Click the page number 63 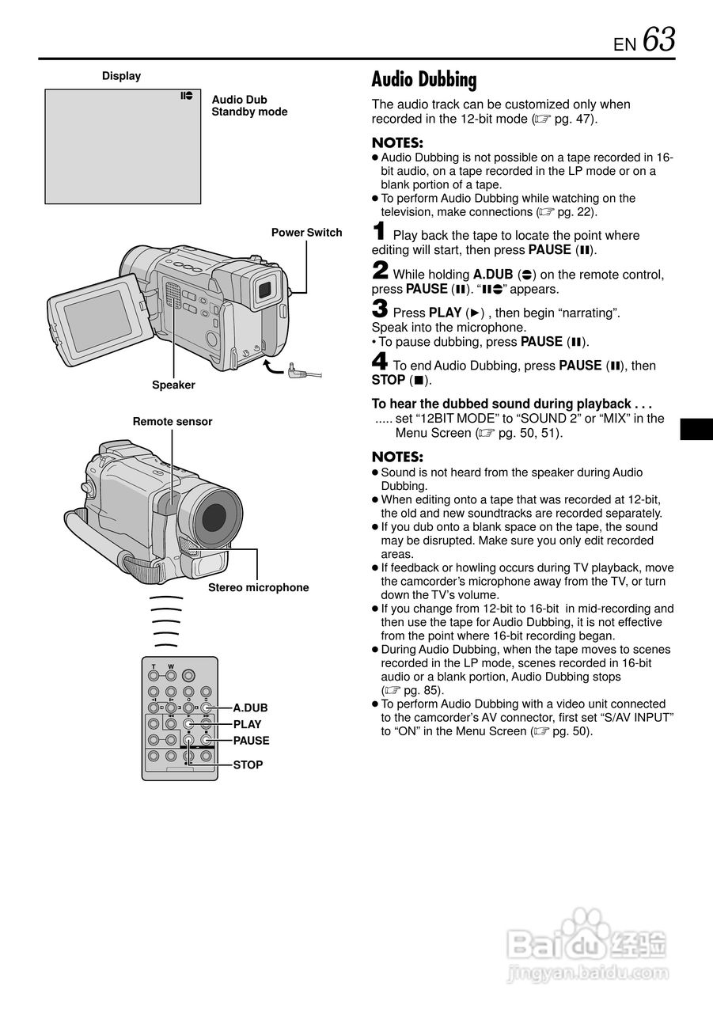[x=659, y=40]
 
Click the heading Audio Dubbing [x=424, y=80]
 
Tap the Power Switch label [x=306, y=233]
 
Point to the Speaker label [x=173, y=385]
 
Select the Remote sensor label [x=173, y=422]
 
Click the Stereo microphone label [x=258, y=587]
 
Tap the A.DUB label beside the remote [x=250, y=708]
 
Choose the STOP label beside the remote [x=248, y=765]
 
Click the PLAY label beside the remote [x=247, y=724]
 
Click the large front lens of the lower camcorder [x=215, y=517]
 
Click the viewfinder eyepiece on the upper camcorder [x=266, y=290]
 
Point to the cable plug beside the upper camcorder [x=294, y=370]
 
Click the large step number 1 [x=380, y=233]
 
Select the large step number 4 [x=380, y=363]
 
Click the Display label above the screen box [x=121, y=76]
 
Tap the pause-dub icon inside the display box [x=187, y=96]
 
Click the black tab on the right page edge [x=696, y=428]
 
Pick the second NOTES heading [x=397, y=457]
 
